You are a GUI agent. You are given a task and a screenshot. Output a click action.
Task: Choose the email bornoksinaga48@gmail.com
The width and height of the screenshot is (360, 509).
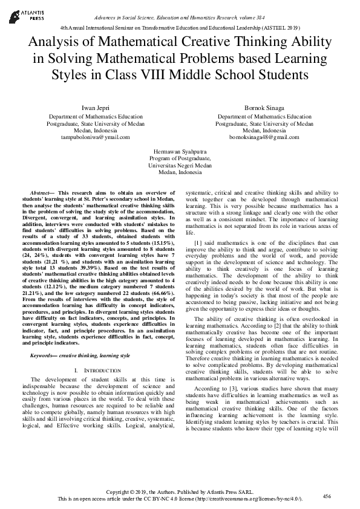point(264,138)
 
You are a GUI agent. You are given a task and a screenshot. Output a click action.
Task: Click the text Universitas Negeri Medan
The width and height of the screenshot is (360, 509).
point(180,164)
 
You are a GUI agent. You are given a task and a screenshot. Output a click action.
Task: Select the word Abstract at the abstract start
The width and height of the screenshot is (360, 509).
point(41,192)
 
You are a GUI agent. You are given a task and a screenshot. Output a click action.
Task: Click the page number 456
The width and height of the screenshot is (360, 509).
point(327,496)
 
